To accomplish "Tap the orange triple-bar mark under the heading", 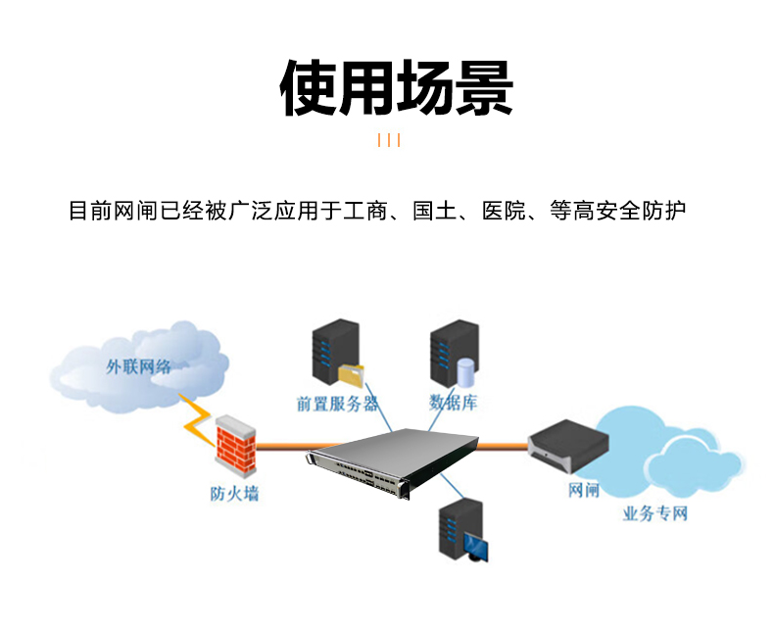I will (389, 140).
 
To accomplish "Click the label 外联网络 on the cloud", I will (138, 367).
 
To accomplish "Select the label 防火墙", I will (234, 493).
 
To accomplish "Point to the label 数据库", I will (453, 403).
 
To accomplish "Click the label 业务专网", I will (655, 513).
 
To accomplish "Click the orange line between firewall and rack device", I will (284, 446).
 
